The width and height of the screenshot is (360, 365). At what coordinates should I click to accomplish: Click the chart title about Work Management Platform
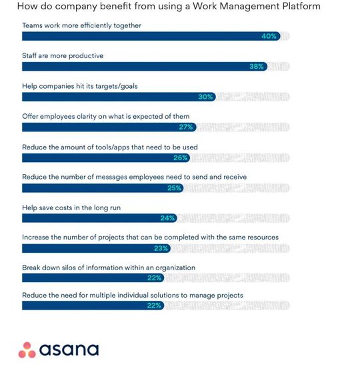point(168,7)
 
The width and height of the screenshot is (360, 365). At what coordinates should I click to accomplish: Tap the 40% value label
point(269,36)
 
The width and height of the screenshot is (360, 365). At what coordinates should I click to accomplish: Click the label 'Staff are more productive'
point(63,55)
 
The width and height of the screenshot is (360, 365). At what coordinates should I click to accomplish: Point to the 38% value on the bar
point(257,67)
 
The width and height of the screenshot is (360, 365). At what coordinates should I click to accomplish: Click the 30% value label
point(205,97)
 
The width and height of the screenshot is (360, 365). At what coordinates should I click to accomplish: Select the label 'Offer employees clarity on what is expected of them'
point(105,116)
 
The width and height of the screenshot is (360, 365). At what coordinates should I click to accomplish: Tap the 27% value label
point(186,127)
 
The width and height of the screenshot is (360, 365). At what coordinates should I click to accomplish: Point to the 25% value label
point(175,188)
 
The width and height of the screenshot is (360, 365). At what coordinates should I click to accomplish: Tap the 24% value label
point(168,218)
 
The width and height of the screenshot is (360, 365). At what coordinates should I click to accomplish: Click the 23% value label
point(161,248)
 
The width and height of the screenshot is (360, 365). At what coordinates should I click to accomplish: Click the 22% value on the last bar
point(155,306)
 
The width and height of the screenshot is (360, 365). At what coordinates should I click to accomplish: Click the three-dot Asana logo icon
point(27,349)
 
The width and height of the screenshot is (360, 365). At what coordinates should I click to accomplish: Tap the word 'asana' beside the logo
point(69,350)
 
